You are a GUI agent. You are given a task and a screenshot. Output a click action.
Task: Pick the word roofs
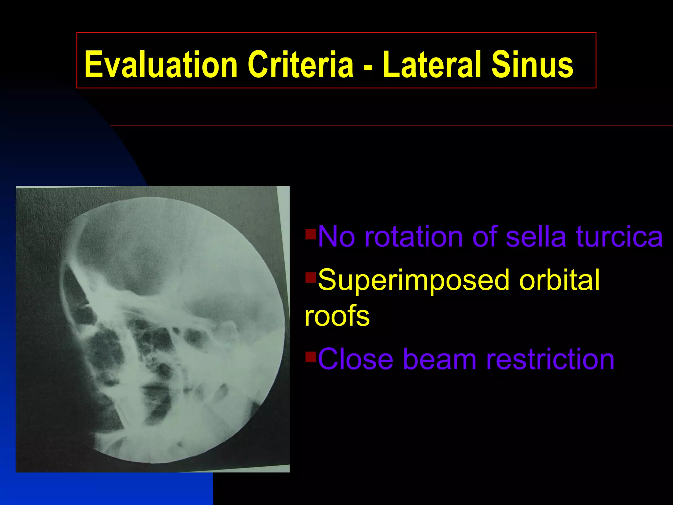337,316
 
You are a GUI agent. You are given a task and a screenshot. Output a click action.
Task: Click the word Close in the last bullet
355,359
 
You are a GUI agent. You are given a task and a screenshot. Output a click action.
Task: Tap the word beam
439,359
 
